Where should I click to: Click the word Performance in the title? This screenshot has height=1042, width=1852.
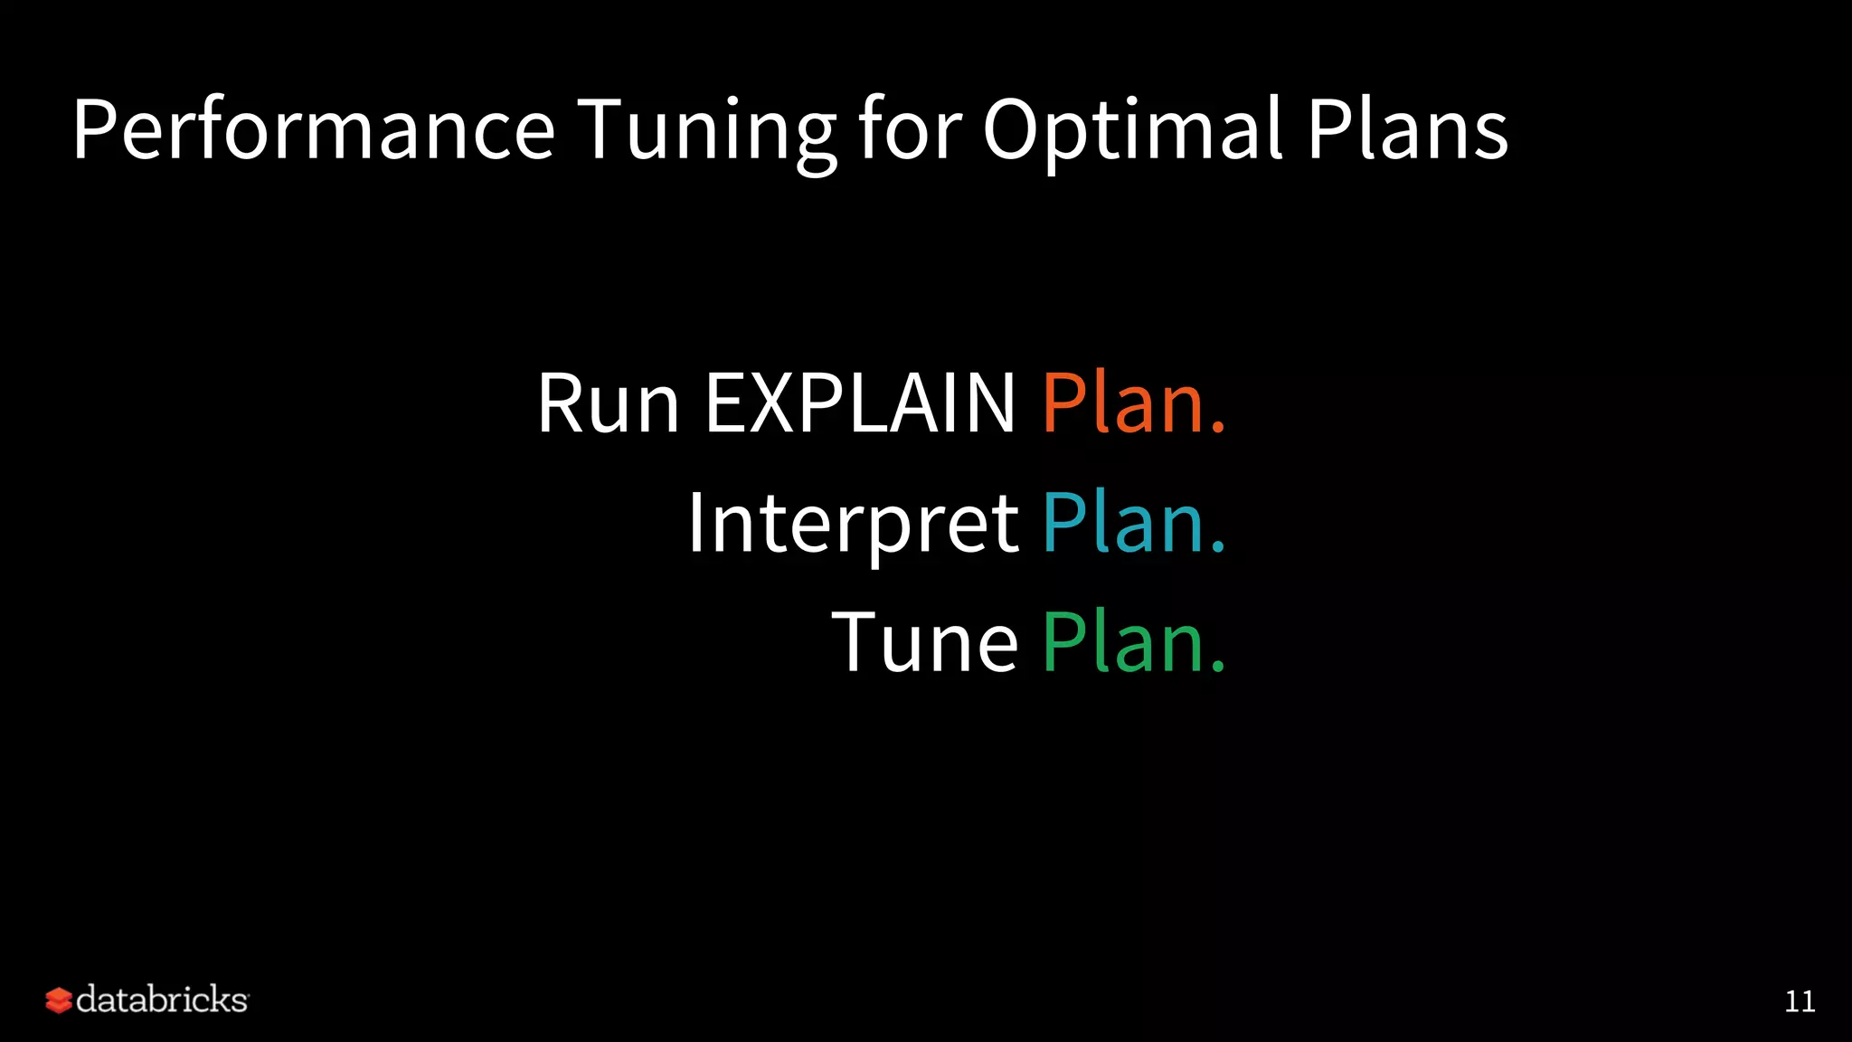[x=313, y=129]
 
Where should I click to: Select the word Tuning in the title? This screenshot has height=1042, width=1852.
[x=706, y=131]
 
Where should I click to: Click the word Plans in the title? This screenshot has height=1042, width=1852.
[x=1407, y=129]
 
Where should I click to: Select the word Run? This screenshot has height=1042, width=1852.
[x=608, y=403]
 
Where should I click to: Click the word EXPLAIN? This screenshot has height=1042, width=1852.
[x=860, y=403]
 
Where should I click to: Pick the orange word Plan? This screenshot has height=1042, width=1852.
[x=1121, y=403]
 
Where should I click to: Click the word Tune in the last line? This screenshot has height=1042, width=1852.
[x=924, y=642]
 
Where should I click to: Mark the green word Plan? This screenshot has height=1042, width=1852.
[x=1121, y=642]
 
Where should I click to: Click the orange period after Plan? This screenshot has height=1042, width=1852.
[x=1217, y=430]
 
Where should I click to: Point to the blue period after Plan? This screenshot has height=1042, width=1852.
[x=1217, y=548]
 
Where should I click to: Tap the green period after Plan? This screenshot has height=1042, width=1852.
[x=1217, y=668]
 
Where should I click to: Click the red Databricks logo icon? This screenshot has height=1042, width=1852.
[x=58, y=1000]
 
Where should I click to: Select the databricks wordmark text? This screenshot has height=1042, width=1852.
[x=162, y=1000]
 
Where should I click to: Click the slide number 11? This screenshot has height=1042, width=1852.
[x=1800, y=1001]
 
